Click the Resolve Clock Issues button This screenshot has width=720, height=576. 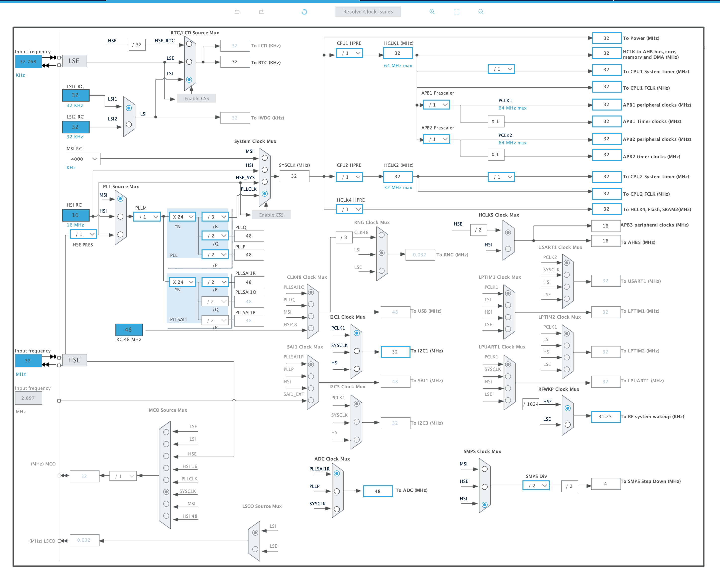(368, 12)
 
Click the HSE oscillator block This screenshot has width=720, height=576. (74, 360)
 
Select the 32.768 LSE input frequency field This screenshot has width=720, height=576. (28, 61)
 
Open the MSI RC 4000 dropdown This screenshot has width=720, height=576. (83, 159)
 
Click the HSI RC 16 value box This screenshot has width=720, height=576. (75, 215)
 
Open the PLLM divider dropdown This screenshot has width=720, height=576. (147, 217)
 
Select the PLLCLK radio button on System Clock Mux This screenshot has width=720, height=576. (265, 193)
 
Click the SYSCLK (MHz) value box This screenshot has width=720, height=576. (294, 176)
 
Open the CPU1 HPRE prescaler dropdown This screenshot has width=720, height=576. (349, 53)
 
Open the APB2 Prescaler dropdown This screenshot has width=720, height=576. (436, 139)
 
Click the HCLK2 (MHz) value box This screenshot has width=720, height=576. (397, 176)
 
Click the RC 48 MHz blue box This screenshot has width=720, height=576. (129, 329)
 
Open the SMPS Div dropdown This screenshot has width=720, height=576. (536, 485)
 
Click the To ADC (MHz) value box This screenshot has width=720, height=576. (377, 491)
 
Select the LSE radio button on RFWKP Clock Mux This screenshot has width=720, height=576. (567, 425)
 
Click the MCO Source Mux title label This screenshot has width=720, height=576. (168, 410)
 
